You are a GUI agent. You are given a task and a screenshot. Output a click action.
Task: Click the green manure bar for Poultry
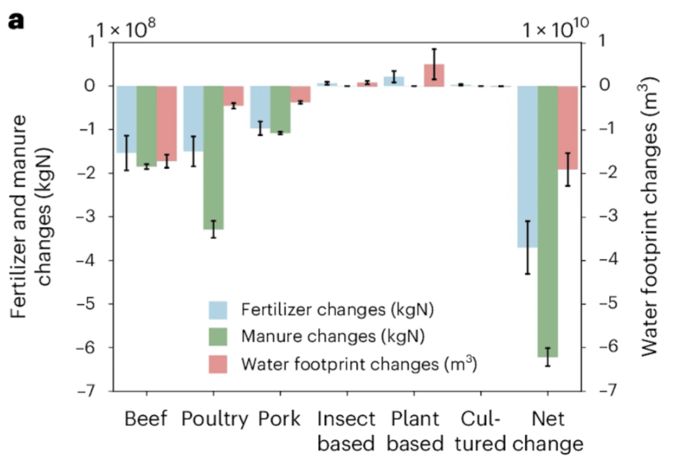214,157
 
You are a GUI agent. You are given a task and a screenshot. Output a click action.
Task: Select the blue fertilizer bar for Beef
126,119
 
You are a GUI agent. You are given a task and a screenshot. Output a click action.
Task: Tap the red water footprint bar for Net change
568,128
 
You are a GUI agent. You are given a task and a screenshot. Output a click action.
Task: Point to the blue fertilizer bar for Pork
260,107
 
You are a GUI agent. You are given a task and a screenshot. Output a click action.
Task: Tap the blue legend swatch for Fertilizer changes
218,309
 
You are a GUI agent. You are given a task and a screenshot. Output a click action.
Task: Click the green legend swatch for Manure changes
218,337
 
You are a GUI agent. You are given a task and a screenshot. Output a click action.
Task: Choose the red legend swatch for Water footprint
218,364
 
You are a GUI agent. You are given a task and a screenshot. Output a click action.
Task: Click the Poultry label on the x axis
215,419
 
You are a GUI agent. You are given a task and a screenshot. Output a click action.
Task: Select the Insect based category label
346,431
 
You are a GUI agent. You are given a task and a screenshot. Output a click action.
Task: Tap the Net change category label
547,431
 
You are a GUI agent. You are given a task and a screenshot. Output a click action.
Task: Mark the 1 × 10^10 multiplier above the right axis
555,30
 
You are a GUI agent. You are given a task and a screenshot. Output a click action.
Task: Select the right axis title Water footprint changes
650,217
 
